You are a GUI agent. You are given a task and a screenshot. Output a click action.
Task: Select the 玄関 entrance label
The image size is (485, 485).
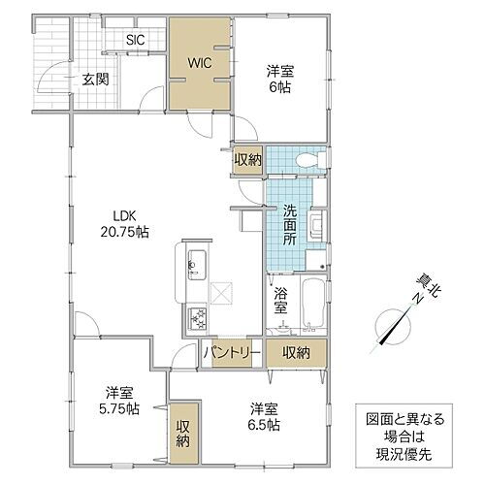coord(94,81)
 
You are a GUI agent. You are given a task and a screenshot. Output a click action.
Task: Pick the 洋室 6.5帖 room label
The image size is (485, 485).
coord(264,416)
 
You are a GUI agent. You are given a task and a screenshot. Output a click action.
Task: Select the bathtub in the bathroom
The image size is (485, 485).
coord(314,304)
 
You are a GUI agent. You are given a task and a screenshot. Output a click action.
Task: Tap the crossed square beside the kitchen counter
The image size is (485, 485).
coord(219,288)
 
